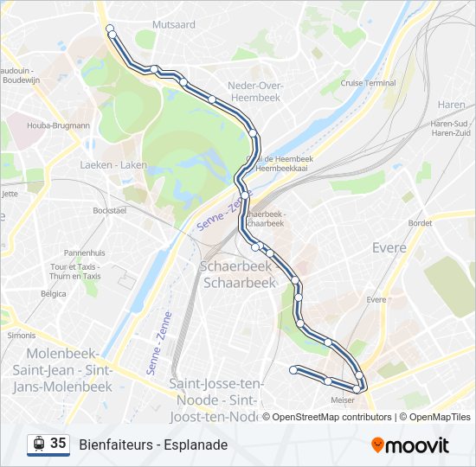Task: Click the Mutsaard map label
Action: (x=174, y=25)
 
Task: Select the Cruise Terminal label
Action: (x=368, y=83)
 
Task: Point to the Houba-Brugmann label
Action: (x=58, y=125)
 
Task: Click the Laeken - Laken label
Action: (x=113, y=164)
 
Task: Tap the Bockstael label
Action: (x=110, y=210)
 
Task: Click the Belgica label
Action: (x=54, y=293)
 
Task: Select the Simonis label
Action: (x=21, y=335)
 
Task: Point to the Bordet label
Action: (x=420, y=223)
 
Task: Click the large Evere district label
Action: (x=389, y=248)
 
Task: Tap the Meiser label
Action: (x=344, y=400)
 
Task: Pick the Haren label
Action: (x=451, y=105)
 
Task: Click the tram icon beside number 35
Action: (x=38, y=444)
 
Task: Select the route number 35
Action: (x=58, y=444)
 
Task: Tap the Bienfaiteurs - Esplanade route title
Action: (x=153, y=445)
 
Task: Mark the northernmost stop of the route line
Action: (x=110, y=29)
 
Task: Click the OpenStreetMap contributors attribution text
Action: (x=331, y=417)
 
